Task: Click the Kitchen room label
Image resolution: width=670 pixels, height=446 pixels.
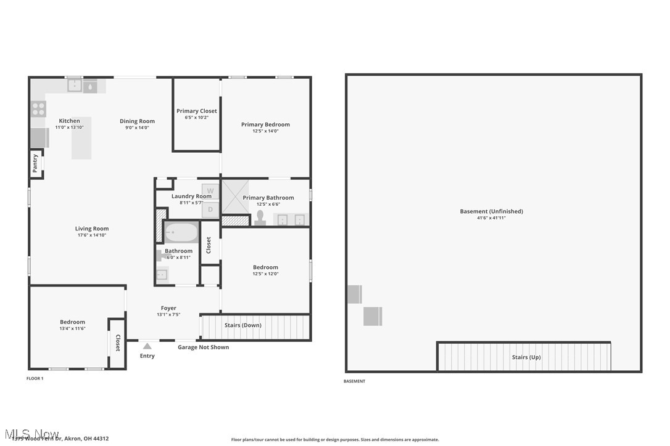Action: point(69,121)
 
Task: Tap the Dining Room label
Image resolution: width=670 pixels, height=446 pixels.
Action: point(137,121)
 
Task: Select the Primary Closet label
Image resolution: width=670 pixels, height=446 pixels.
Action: point(197,111)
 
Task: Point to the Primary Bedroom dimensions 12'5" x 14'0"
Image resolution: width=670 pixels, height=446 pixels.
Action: point(265,131)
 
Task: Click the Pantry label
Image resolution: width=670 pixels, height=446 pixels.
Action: point(35,164)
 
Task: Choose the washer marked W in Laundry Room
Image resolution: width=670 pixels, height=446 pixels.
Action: point(210,191)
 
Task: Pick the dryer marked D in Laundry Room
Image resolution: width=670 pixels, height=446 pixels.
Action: point(210,209)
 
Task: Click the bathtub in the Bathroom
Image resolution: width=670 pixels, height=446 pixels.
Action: point(181,233)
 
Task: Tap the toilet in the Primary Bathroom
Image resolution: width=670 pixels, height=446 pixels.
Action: point(260,218)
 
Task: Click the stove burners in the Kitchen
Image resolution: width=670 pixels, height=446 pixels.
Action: point(38,109)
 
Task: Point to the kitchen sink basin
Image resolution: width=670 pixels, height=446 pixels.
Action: point(75,86)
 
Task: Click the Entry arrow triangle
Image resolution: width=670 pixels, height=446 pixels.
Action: point(147,346)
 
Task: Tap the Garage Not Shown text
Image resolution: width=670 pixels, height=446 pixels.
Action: point(203,347)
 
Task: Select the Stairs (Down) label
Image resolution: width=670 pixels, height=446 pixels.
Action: point(242,325)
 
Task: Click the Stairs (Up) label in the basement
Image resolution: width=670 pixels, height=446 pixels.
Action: point(526,357)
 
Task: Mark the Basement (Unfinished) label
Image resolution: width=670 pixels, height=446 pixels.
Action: point(491,211)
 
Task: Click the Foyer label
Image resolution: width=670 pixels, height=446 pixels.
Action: point(168,308)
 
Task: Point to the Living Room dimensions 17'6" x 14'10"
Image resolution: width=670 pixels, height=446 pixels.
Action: point(92,235)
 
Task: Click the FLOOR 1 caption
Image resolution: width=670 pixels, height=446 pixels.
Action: point(35,378)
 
